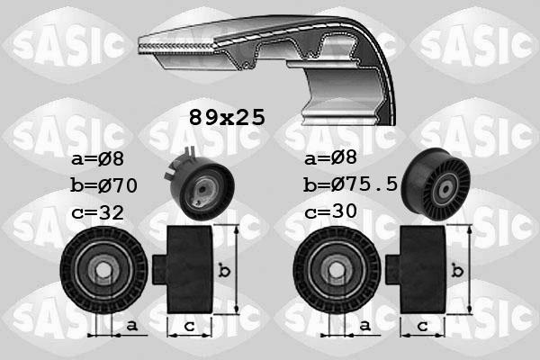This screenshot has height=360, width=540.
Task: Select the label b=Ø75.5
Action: pos(352,187)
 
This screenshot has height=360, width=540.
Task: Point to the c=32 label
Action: pos(98,212)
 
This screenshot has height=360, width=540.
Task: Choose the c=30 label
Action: pos(331,212)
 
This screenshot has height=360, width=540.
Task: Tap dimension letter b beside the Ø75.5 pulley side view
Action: pos(459,269)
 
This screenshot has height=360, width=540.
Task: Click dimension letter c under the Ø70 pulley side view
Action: pos(189,326)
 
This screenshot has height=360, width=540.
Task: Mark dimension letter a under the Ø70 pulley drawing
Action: pos(131,325)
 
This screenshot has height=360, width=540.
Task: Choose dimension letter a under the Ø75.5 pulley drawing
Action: pos(364,325)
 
